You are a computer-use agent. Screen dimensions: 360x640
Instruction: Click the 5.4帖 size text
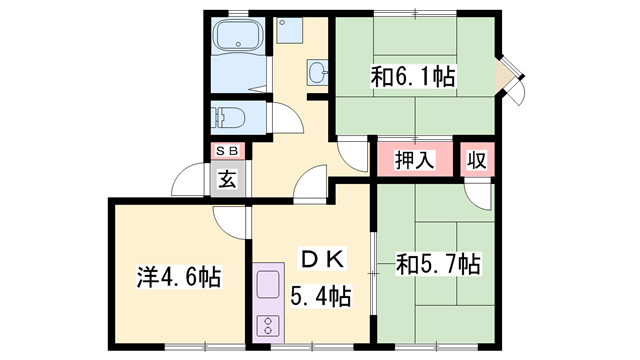pyautogui.click(x=320, y=296)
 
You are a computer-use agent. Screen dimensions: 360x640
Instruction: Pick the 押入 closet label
pyautogui.click(x=413, y=159)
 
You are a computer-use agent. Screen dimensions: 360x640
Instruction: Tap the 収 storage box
pyautogui.click(x=478, y=159)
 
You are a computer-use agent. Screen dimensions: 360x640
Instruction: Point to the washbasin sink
pyautogui.click(x=318, y=72)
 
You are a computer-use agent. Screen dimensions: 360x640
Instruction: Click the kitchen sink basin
pyautogui.click(x=269, y=286)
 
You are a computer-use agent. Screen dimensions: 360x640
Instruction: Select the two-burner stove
pyautogui.click(x=269, y=325)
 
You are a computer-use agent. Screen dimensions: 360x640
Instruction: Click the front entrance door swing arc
pyautogui.click(x=190, y=180)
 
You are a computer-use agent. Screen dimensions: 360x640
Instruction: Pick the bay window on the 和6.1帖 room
pyautogui.click(x=512, y=77)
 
